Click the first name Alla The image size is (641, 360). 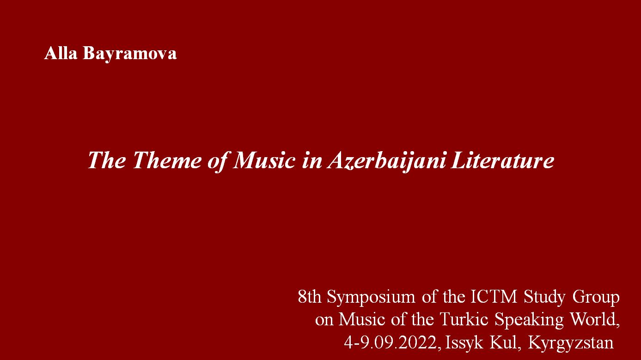point(61,53)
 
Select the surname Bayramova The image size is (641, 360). point(129,54)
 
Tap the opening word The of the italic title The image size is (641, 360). point(106,160)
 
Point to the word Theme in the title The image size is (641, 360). point(167,160)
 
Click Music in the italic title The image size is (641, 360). point(263,160)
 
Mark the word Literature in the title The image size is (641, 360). point(502,160)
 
